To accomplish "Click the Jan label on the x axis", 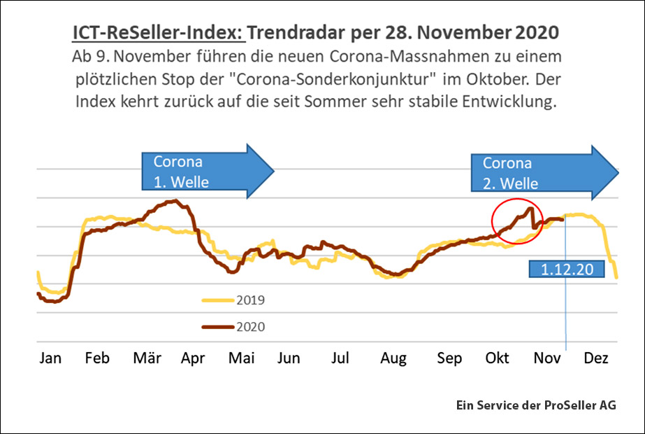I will coord(50,358).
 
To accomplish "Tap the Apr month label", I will coord(192,358).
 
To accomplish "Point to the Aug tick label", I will coord(393,358).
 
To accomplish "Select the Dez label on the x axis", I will coord(595,358).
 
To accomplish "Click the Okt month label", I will coord(497,358).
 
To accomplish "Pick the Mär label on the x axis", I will coord(147,358).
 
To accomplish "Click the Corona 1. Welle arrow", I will coord(207,172).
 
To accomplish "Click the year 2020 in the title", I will coord(537,33).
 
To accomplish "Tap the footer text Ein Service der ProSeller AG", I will coord(535,405).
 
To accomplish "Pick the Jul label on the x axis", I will coord(340,358).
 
